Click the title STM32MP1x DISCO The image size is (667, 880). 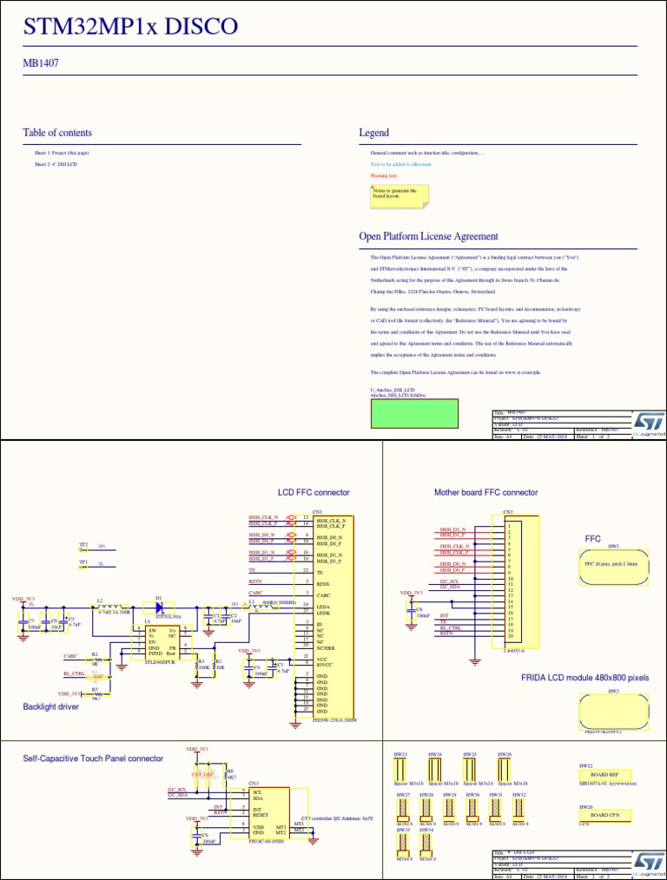coord(130,28)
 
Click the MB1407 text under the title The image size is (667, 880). coord(40,62)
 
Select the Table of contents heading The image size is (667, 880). coord(57,133)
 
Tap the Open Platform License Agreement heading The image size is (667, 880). coord(428,236)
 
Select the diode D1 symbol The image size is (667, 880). coord(159,606)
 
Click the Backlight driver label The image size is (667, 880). coord(50,706)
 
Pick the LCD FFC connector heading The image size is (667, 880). coord(313,492)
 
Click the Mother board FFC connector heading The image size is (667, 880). coord(485,492)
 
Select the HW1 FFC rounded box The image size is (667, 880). coord(613,568)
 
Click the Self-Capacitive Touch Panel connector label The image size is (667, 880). coord(93,759)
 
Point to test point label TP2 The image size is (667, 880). coord(83,545)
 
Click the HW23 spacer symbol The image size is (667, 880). coord(401,770)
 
